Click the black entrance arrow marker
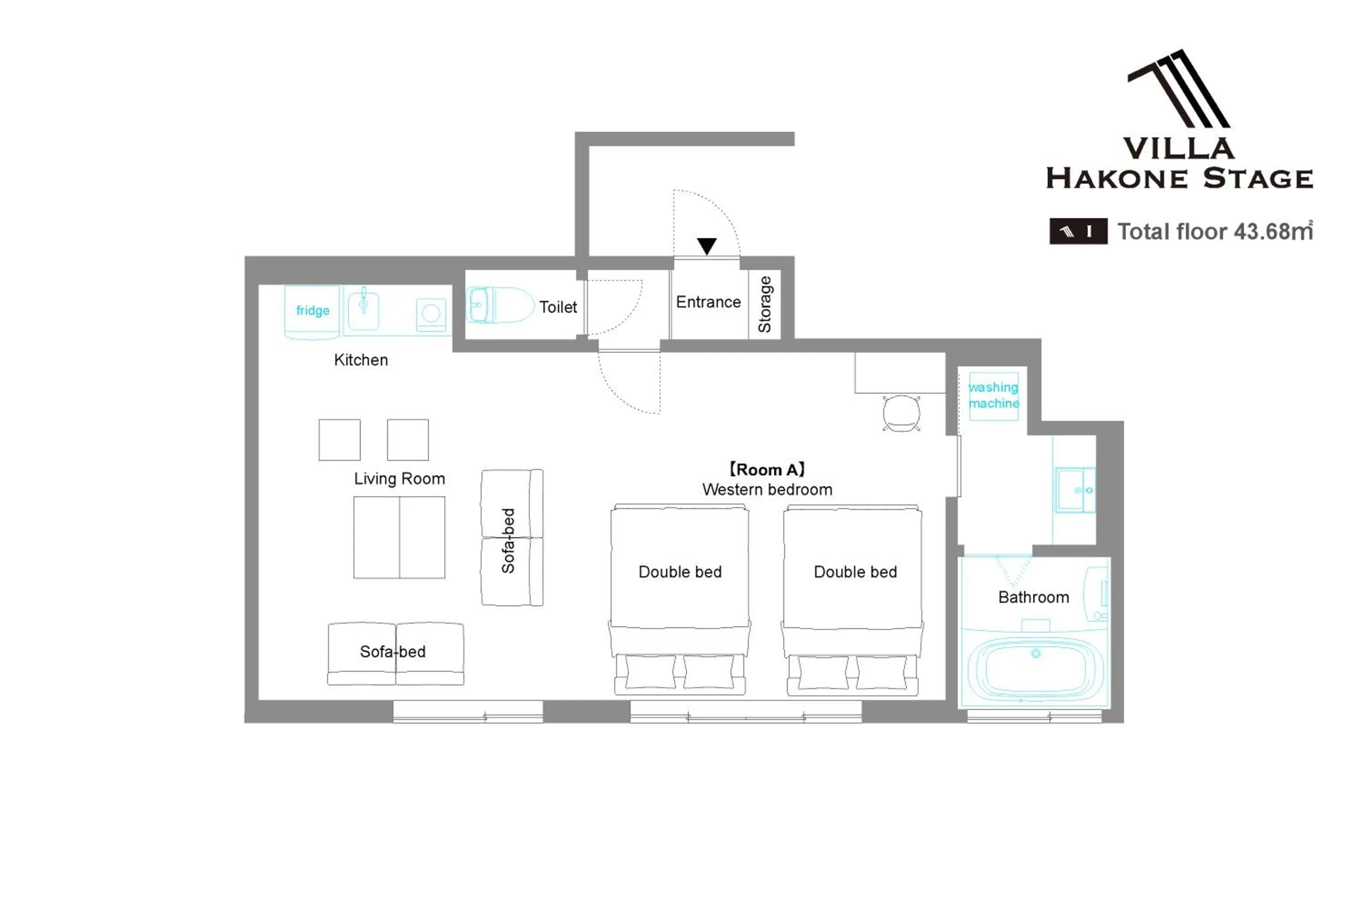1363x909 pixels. [707, 246]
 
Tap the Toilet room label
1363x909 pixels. [558, 307]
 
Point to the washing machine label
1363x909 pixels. [994, 395]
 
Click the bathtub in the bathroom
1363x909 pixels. [1035, 669]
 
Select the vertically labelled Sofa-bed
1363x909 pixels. [512, 537]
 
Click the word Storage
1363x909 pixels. [765, 305]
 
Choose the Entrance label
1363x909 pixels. [708, 302]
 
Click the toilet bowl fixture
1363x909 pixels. [499, 305]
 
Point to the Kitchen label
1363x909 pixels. [361, 360]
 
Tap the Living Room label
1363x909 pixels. [399, 479]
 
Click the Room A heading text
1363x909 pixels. [767, 469]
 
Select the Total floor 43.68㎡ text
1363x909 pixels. [1214, 231]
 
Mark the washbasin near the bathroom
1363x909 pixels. [1075, 490]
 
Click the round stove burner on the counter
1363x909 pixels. [431, 314]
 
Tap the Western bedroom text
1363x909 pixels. [767, 490]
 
